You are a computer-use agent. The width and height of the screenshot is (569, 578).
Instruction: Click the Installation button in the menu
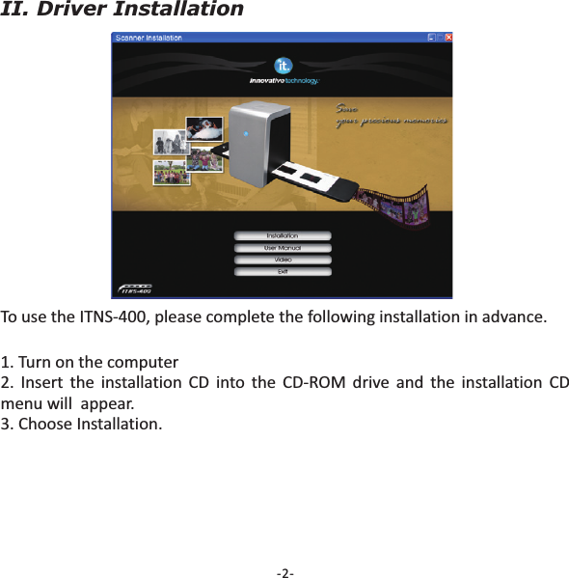click(x=282, y=235)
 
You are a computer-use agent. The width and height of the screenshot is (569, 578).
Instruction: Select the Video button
click(x=282, y=260)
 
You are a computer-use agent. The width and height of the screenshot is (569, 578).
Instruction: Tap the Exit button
click(x=282, y=271)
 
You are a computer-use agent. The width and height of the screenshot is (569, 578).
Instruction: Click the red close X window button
click(x=448, y=38)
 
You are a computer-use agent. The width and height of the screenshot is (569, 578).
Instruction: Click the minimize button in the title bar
click(x=430, y=38)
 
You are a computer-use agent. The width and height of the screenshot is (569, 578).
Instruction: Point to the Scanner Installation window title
click(x=149, y=38)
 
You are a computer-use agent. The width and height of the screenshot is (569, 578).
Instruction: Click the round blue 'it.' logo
click(x=283, y=65)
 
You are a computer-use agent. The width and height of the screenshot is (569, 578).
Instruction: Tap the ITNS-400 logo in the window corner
click(x=135, y=289)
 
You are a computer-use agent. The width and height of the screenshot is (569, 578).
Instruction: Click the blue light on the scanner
click(x=245, y=133)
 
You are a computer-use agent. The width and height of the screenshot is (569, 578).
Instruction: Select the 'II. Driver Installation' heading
click(x=122, y=11)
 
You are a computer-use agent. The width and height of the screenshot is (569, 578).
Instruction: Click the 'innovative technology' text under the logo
click(x=284, y=81)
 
